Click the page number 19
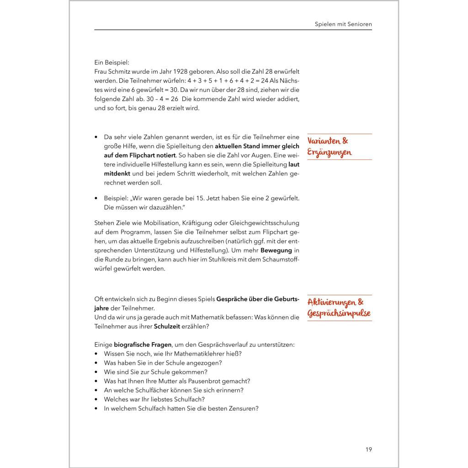pos(368,449)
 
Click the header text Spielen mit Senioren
pos(343,23)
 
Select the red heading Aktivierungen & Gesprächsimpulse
pos(339,308)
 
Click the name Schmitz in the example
pos(122,72)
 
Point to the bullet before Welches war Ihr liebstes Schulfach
pos(96,399)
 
